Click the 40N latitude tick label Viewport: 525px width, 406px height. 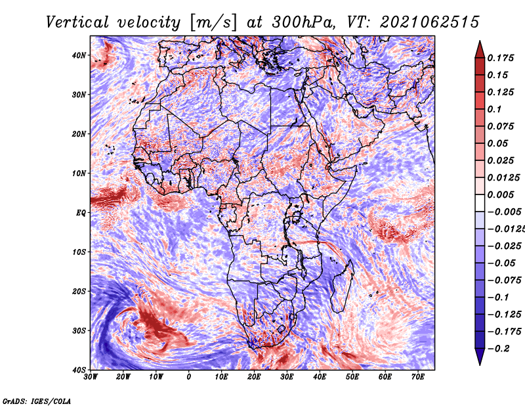pos(79,55)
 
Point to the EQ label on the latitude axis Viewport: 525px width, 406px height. pos(81,213)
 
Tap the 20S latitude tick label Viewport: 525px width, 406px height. pos(79,291)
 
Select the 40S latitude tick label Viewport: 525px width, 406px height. pos(79,370)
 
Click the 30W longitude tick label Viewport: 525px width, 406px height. pos(91,377)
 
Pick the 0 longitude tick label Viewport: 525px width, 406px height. pos(189,377)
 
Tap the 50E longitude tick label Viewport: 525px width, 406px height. pos(352,377)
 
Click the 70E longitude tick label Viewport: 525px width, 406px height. pos(418,377)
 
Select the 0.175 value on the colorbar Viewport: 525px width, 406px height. pos(500,58)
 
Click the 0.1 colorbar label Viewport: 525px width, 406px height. pos(494,109)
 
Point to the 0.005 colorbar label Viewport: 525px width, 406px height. pos(500,194)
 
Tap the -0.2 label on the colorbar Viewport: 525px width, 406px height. pos(498,349)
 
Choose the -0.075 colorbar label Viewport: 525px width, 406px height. pos(504,281)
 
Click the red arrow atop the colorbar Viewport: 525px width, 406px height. pos(480,49)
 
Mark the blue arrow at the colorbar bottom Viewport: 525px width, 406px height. pos(480,357)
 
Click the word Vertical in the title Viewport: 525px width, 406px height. pos(77,22)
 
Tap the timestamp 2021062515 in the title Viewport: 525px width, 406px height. pos(430,22)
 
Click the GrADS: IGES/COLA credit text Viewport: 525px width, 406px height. pos(37,401)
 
